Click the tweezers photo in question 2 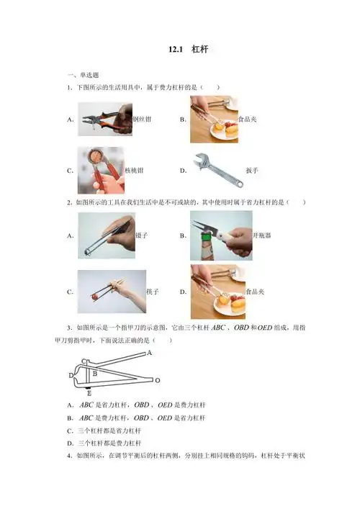coord(106,235)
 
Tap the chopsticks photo coord(112,292)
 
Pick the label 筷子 coord(152,292)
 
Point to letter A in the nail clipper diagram coord(149,353)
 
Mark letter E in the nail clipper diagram coord(88,394)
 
